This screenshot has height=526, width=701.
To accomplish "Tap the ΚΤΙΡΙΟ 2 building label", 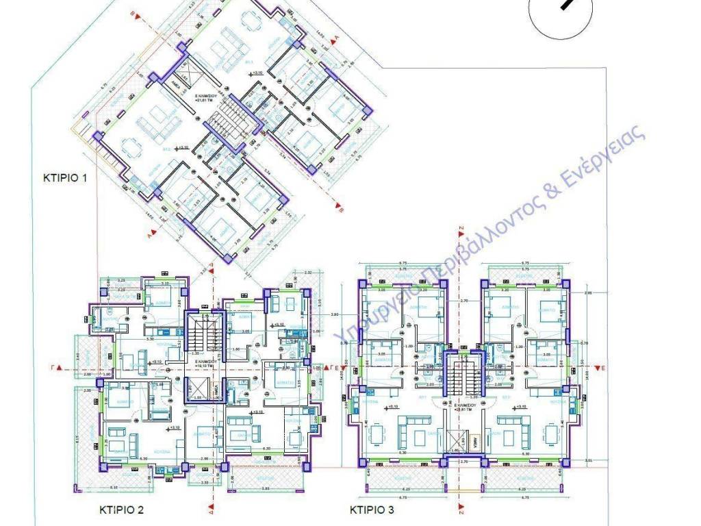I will click(120, 510).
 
